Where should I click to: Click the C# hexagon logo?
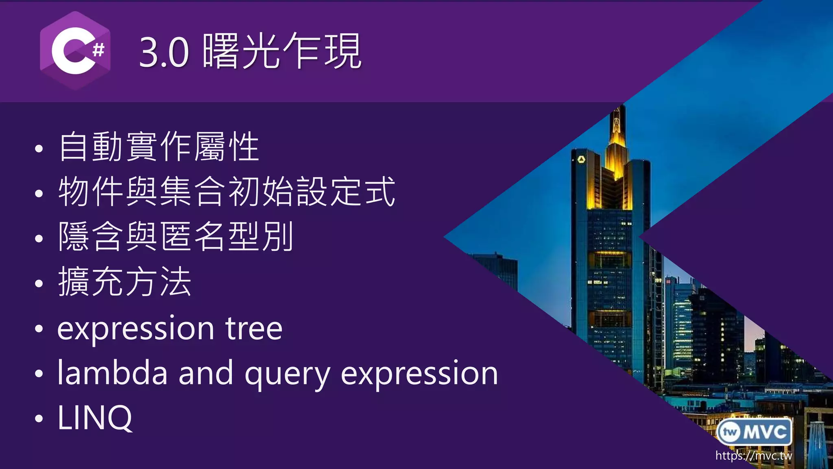75,51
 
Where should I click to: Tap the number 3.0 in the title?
164,52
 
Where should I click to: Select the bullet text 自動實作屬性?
159,147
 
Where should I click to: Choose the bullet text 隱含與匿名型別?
175,237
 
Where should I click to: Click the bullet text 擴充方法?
124,282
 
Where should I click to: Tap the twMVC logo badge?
754,432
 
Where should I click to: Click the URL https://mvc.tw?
754,456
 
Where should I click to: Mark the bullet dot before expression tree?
39,329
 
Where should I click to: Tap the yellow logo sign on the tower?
581,159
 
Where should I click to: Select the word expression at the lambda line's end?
419,374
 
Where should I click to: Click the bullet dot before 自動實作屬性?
39,149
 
